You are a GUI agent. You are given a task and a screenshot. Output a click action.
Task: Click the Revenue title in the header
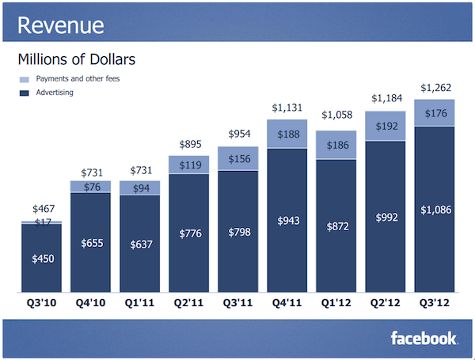tap(60, 25)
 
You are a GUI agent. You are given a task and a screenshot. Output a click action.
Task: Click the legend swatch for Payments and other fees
tap(23, 79)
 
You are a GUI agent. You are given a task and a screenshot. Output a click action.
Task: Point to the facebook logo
tap(424, 339)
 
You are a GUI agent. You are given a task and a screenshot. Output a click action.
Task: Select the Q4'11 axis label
tap(286, 301)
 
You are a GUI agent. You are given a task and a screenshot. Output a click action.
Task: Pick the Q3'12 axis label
tap(434, 301)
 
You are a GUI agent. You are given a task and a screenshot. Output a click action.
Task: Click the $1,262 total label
tap(434, 89)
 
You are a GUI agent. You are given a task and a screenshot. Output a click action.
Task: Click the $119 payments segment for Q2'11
tap(188, 165)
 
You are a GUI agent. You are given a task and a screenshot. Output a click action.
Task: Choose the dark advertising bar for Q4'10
tap(90, 242)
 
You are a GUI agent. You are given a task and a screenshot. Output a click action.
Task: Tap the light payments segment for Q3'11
tap(237, 158)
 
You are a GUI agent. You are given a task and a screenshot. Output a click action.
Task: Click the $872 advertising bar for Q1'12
tap(336, 225)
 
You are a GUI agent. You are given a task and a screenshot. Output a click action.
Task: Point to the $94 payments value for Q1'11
tap(139, 187)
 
